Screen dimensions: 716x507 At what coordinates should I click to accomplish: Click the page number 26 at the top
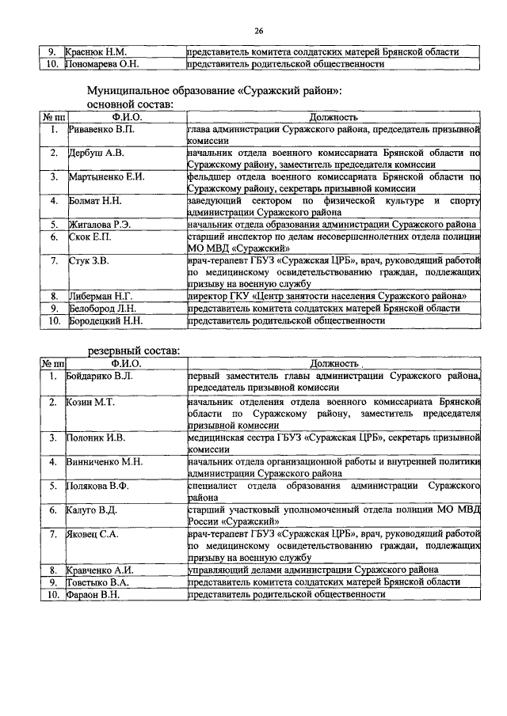point(258,31)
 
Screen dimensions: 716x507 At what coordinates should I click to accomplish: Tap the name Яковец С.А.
point(93,534)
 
